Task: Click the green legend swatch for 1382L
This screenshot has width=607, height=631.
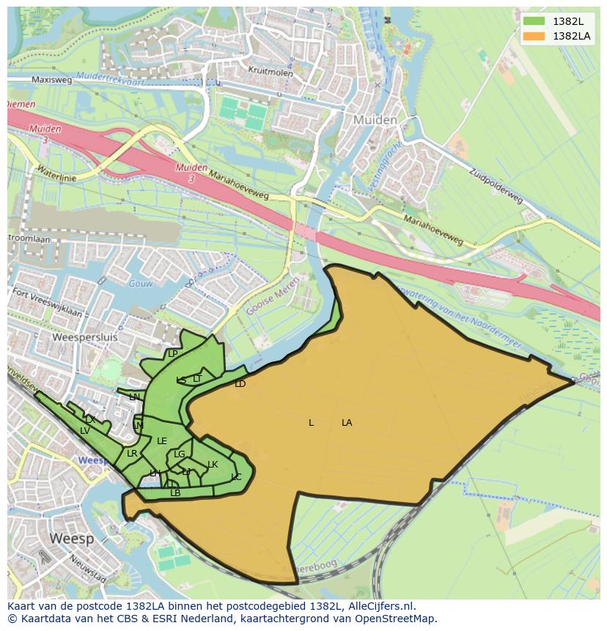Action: (535, 21)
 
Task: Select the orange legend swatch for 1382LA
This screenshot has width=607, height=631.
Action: (535, 36)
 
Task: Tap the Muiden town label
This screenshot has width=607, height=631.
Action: (375, 119)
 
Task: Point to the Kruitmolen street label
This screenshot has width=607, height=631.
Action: (271, 73)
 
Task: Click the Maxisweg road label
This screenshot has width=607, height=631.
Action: (51, 79)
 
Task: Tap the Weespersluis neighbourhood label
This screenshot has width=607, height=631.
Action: (85, 338)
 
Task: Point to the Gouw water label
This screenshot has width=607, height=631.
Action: (139, 283)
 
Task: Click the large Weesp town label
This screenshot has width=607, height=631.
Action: (71, 539)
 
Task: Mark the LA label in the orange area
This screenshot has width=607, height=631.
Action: (347, 423)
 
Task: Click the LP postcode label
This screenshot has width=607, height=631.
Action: (173, 354)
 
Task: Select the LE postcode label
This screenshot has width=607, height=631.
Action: (162, 441)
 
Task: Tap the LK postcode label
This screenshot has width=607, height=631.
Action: (213, 465)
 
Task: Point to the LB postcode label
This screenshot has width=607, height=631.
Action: (175, 493)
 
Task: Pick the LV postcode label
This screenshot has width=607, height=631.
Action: (85, 431)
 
